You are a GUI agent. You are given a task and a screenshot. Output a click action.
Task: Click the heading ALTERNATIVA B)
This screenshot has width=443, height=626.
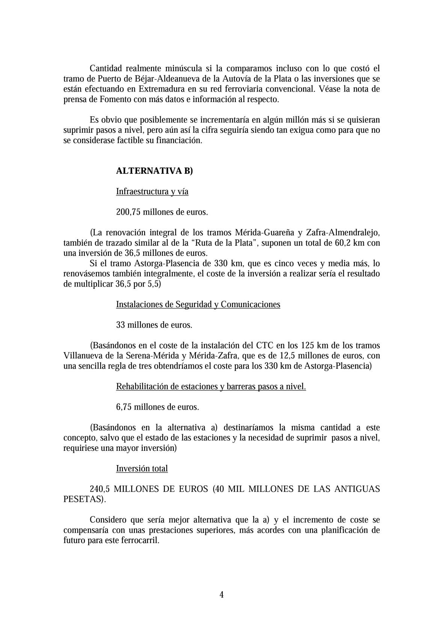pos(154,171)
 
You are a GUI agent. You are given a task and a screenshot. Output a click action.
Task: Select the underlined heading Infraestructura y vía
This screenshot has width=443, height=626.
pos(152,192)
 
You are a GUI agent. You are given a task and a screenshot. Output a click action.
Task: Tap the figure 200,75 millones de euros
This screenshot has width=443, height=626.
pos(162,212)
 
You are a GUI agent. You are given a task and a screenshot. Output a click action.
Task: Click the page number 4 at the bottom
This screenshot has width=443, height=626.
pos(221,594)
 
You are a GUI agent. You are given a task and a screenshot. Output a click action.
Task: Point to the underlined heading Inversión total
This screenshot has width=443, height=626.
pos(142,468)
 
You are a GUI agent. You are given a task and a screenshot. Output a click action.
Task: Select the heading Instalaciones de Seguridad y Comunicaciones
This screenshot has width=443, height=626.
pos(198,304)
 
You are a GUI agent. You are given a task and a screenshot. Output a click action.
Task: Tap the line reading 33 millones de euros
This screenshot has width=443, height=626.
pos(154,325)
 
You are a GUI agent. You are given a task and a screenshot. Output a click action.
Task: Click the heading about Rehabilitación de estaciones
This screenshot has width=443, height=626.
pos(211,386)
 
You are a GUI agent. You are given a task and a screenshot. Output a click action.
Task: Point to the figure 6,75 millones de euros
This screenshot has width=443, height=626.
pos(157,407)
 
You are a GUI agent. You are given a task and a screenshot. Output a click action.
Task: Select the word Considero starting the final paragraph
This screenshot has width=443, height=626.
pos(108,520)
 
